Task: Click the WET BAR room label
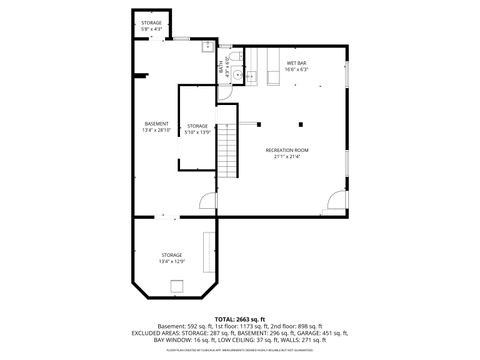point(297,64)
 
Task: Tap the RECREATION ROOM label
point(287,150)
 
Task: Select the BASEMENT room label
point(156,123)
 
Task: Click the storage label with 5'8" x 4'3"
point(151,22)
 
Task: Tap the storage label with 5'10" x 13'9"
point(197,125)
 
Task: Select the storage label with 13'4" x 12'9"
point(171,255)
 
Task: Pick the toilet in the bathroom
point(252,76)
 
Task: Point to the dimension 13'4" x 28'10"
point(156,130)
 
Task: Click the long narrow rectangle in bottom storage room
point(208,251)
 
